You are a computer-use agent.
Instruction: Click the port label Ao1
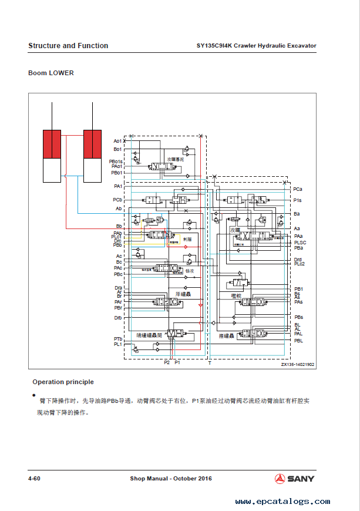[x=117, y=141]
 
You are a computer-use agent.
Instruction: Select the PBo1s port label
[x=116, y=162]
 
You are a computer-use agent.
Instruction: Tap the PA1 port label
[x=118, y=186]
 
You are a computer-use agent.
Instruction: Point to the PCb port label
[x=117, y=200]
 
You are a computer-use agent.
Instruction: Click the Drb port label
[x=118, y=318]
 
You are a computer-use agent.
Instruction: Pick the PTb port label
[x=118, y=339]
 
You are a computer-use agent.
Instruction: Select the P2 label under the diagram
[x=167, y=363]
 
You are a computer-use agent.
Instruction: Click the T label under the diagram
[x=210, y=363]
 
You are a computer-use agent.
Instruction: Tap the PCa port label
[x=298, y=189]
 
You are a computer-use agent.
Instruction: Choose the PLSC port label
[x=300, y=243]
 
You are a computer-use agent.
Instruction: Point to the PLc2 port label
[x=300, y=264]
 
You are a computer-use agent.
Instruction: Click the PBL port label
[x=298, y=341]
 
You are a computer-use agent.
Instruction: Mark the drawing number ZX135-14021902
[x=298, y=365]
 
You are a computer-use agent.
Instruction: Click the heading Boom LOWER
[x=51, y=73]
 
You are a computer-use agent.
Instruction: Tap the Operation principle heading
[x=63, y=382]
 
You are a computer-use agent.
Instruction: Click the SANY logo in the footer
[x=294, y=479]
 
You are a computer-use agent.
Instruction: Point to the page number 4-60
[x=34, y=479]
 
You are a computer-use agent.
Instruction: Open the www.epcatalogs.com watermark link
[x=282, y=502]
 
